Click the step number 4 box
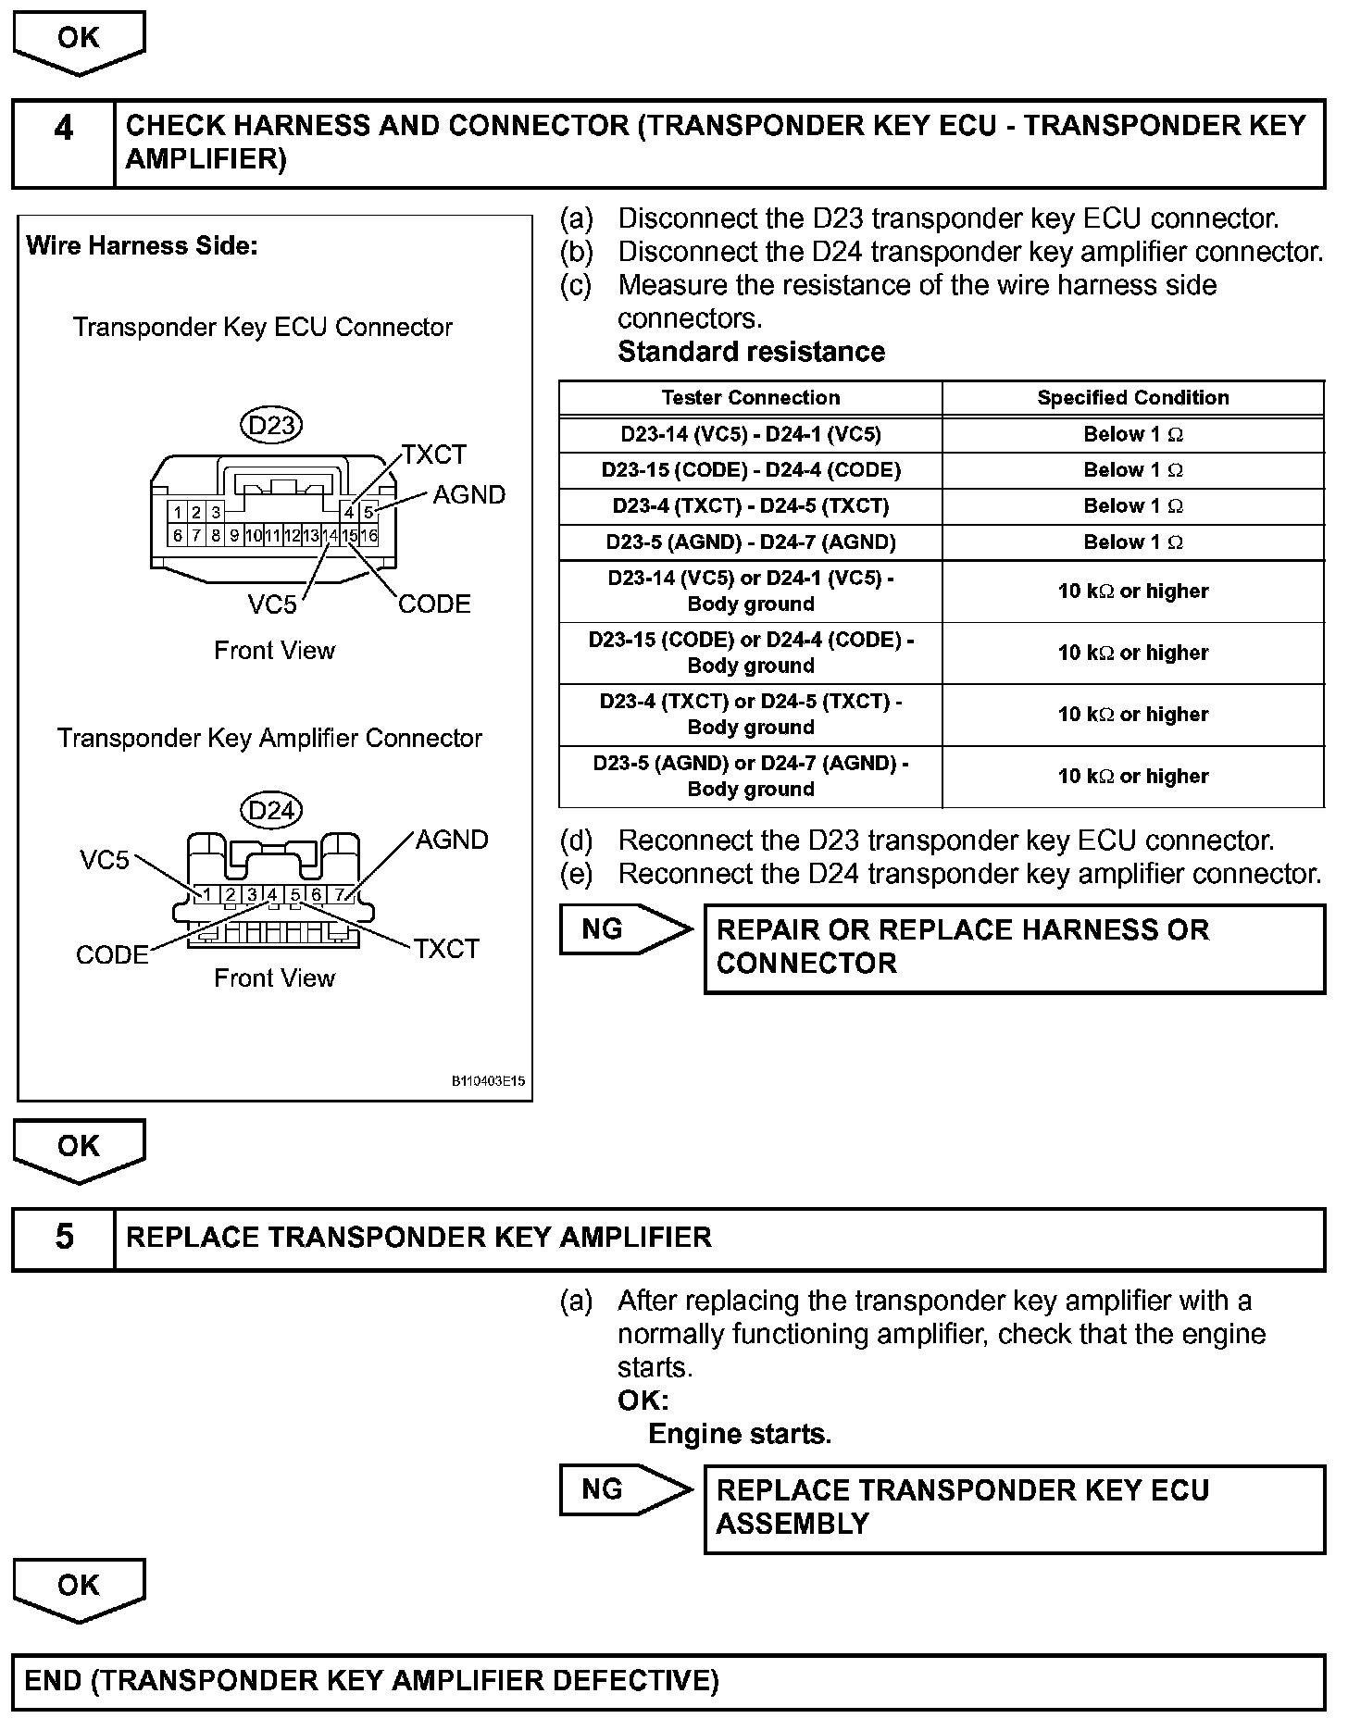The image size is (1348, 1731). pyautogui.click(x=63, y=143)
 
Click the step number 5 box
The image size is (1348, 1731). pyautogui.click(x=63, y=1239)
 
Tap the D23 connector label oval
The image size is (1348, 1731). pyautogui.click(x=272, y=425)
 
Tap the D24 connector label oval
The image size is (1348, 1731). pyautogui.click(x=272, y=811)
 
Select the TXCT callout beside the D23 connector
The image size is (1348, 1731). pyautogui.click(x=434, y=455)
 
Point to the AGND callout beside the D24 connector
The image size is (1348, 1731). pyautogui.click(x=452, y=840)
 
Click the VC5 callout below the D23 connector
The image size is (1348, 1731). pyautogui.click(x=272, y=604)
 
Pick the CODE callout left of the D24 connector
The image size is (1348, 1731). pyautogui.click(x=112, y=954)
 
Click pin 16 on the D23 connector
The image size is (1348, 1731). pyautogui.click(x=368, y=535)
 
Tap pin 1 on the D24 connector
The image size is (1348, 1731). pyautogui.click(x=207, y=894)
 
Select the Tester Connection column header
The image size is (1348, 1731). pyautogui.click(x=751, y=398)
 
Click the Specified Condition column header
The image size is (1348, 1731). pyautogui.click(x=1133, y=398)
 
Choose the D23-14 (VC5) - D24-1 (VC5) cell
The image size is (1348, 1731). pyautogui.click(x=751, y=434)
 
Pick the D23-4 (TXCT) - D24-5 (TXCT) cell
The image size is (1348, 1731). pyautogui.click(x=751, y=506)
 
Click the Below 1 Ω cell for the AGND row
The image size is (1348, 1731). pyautogui.click(x=1133, y=542)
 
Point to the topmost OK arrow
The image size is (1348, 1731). pyautogui.click(x=79, y=41)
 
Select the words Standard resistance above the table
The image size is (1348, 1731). pyautogui.click(x=751, y=352)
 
